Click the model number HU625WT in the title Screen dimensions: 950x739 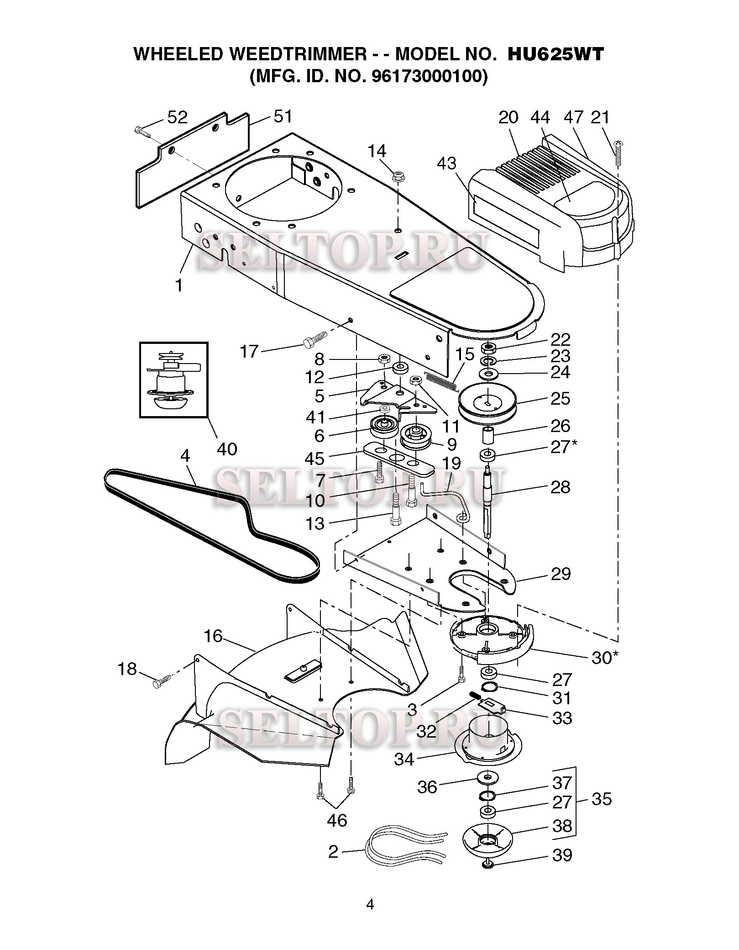pos(556,54)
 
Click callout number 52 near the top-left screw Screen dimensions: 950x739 pos(177,118)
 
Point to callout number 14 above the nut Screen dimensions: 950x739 pos(377,151)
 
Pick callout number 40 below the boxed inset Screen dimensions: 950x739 pos(227,449)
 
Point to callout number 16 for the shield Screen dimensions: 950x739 pos(213,636)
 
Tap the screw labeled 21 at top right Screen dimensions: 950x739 pos(619,153)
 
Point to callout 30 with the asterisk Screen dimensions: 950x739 pos(605,658)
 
